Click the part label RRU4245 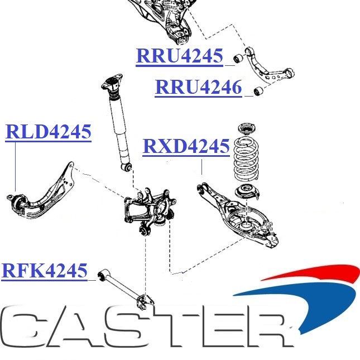point(179,56)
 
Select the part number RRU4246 point(198,88)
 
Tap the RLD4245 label point(48,132)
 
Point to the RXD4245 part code point(186,146)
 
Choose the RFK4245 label point(45,271)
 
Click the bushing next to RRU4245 point(237,57)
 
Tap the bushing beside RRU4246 point(258,90)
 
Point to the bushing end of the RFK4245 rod point(102,275)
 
